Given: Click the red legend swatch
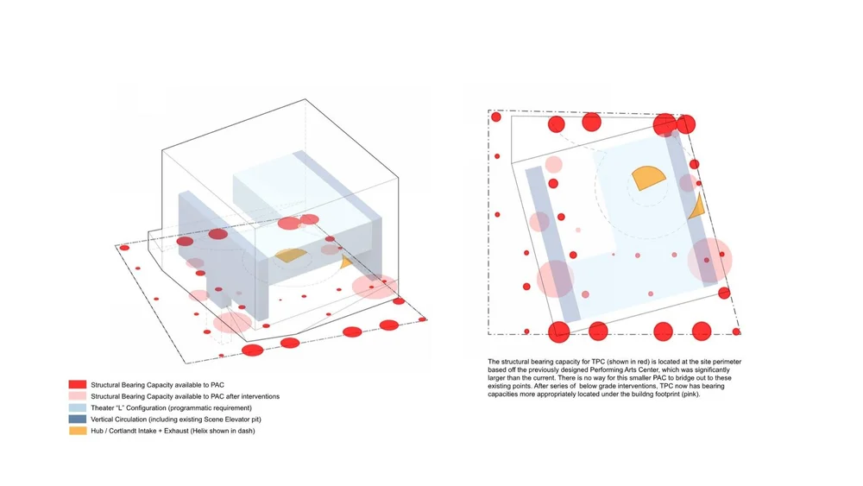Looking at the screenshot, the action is click(78, 385).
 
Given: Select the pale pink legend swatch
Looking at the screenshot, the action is click(78, 396).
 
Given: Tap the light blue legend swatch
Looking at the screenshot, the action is click(78, 407).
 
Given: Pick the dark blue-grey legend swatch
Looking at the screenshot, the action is click(78, 419).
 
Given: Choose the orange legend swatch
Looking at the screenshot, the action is click(78, 430).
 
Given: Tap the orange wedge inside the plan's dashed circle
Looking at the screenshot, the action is click(647, 178).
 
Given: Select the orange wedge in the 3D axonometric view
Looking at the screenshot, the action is click(292, 256).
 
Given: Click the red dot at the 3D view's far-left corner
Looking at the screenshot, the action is click(124, 248).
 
